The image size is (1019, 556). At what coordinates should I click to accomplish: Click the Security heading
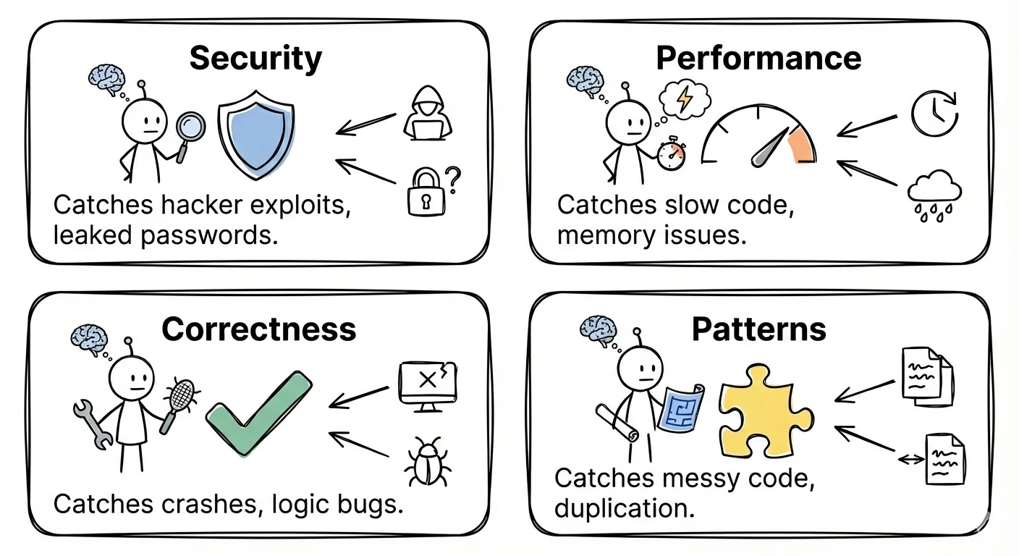click(x=255, y=59)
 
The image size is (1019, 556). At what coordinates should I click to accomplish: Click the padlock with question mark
click(x=430, y=191)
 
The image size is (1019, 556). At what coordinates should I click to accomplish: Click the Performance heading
click(x=758, y=59)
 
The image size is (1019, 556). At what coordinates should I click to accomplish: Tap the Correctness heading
click(x=258, y=329)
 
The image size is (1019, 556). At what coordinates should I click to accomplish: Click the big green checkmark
click(x=258, y=413)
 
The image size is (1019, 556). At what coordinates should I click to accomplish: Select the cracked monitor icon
click(x=428, y=384)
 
